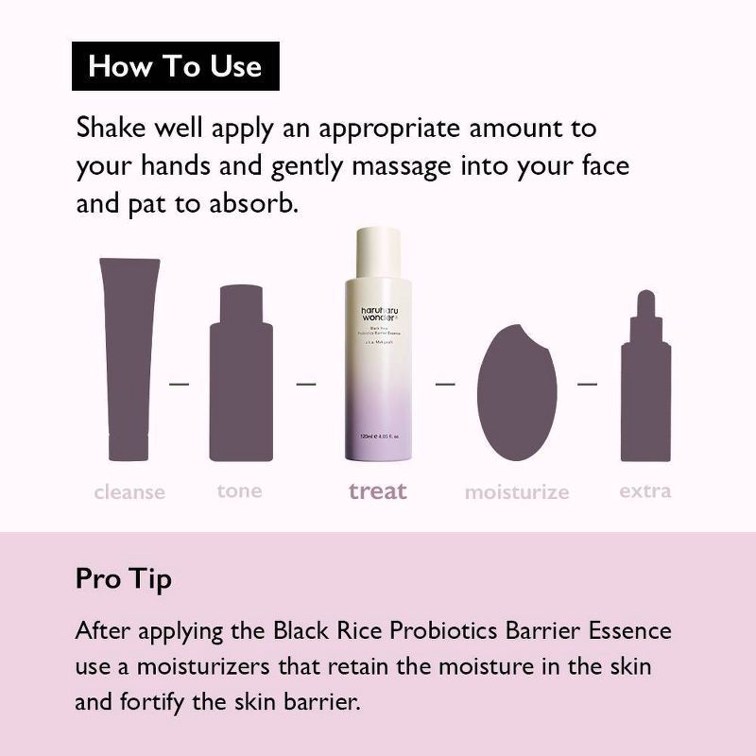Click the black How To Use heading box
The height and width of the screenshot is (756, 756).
[176, 66]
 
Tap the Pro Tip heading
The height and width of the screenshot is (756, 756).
[123, 578]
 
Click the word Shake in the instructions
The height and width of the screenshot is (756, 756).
[110, 128]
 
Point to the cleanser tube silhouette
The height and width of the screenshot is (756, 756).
[129, 358]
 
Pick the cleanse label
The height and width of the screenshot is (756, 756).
[129, 492]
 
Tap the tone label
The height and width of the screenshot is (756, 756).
[240, 490]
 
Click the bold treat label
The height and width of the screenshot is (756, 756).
[378, 490]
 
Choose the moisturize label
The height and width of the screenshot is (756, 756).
[517, 492]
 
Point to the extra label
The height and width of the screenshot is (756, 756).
[645, 490]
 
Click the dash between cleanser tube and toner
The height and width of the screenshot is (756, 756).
[179, 384]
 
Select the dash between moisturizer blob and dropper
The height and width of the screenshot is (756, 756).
[587, 384]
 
